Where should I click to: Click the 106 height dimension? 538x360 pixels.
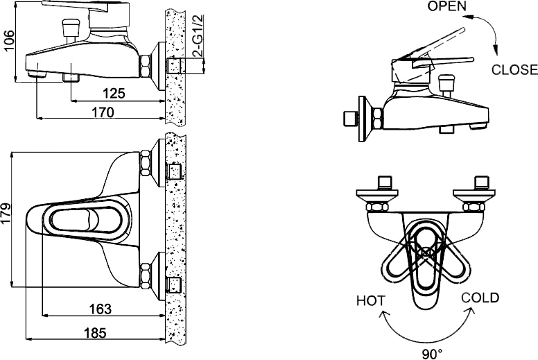[9, 41]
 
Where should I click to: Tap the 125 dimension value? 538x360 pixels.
[114, 94]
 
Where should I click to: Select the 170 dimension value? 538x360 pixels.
[103, 112]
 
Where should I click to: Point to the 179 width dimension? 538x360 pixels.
[6, 218]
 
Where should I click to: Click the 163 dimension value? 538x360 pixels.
[101, 309]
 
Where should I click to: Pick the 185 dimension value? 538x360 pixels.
[95, 332]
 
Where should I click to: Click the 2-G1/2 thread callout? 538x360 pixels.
[199, 35]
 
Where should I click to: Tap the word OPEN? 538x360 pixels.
[447, 6]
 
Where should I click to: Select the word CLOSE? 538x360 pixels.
[514, 69]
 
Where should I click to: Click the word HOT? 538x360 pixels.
[371, 301]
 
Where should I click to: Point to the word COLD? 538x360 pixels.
[480, 298]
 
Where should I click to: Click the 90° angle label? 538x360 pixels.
[433, 354]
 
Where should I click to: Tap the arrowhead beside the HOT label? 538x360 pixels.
[384, 314]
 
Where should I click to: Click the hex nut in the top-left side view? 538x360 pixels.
[145, 67]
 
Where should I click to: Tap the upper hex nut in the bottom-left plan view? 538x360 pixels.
[146, 163]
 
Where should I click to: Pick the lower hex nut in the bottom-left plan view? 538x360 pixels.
[146, 276]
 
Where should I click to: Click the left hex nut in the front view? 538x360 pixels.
[376, 207]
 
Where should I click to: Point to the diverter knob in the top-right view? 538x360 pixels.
[446, 85]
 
